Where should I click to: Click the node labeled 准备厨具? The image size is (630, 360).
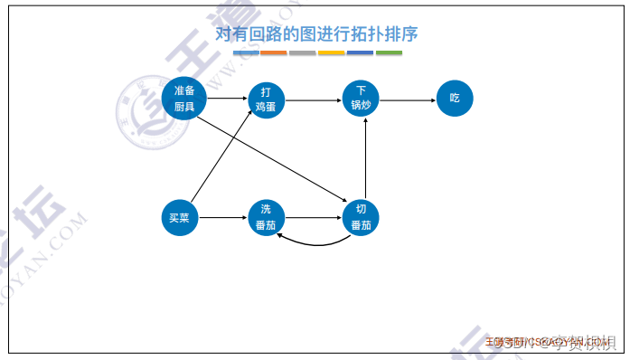(x=179, y=98)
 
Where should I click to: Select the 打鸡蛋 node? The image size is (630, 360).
(x=266, y=98)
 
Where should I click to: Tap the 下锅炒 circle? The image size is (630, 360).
(x=361, y=98)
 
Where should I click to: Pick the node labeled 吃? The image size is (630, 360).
(x=454, y=98)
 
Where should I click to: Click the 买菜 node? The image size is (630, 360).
(x=179, y=218)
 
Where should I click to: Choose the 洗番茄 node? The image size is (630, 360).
(x=266, y=218)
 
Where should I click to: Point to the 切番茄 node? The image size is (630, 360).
(x=361, y=218)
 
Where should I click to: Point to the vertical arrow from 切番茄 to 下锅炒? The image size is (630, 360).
(x=364, y=158)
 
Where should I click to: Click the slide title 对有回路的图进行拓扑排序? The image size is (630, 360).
(x=316, y=33)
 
